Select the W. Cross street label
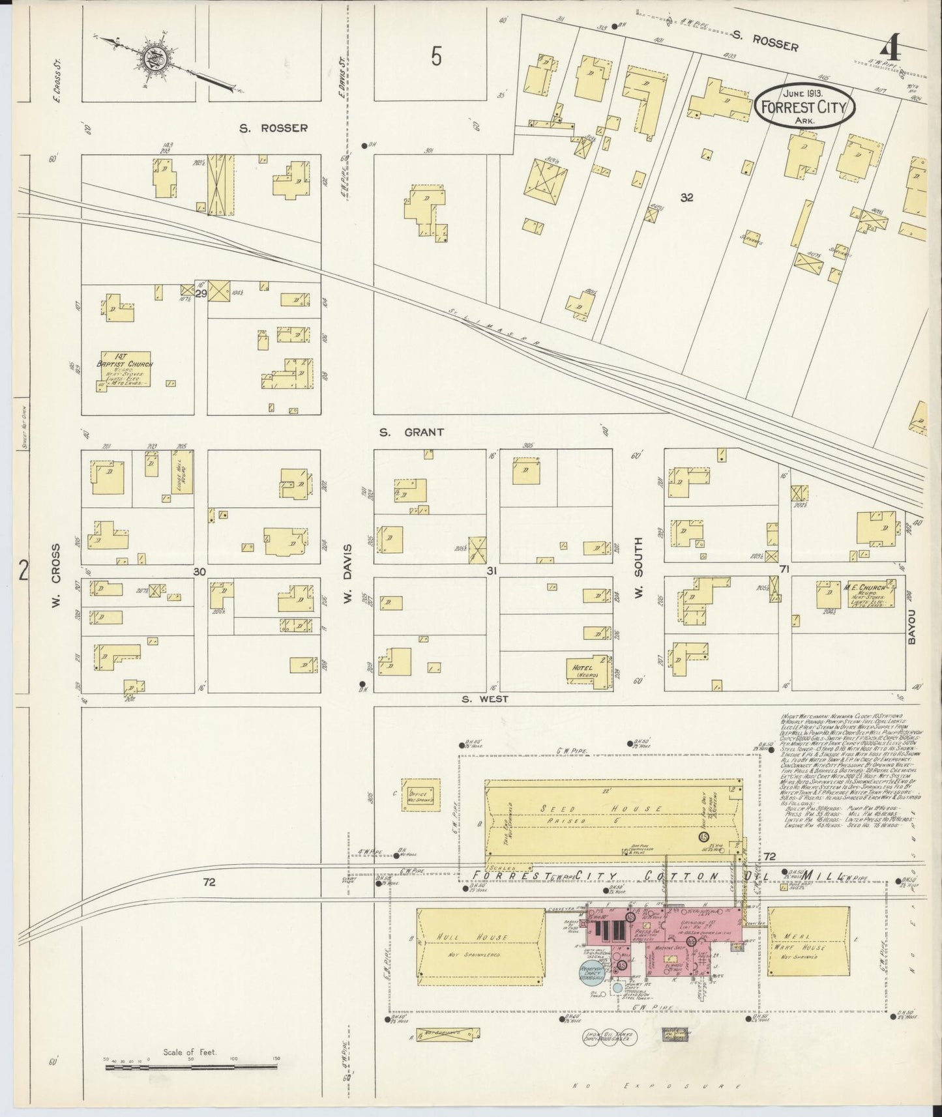(57, 577)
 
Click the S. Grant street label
(412, 431)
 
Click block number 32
(686, 197)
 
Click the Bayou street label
(913, 626)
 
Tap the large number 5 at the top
(436, 57)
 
